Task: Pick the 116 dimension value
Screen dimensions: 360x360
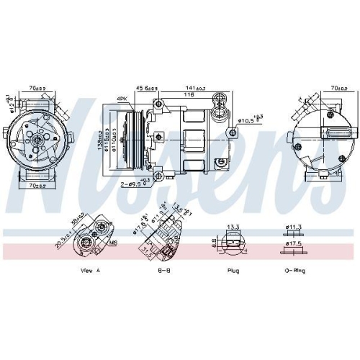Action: click(189, 95)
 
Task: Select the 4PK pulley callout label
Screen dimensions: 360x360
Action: click(122, 98)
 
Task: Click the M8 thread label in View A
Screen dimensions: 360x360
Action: click(113, 243)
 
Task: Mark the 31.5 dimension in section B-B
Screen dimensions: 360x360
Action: click(147, 250)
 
